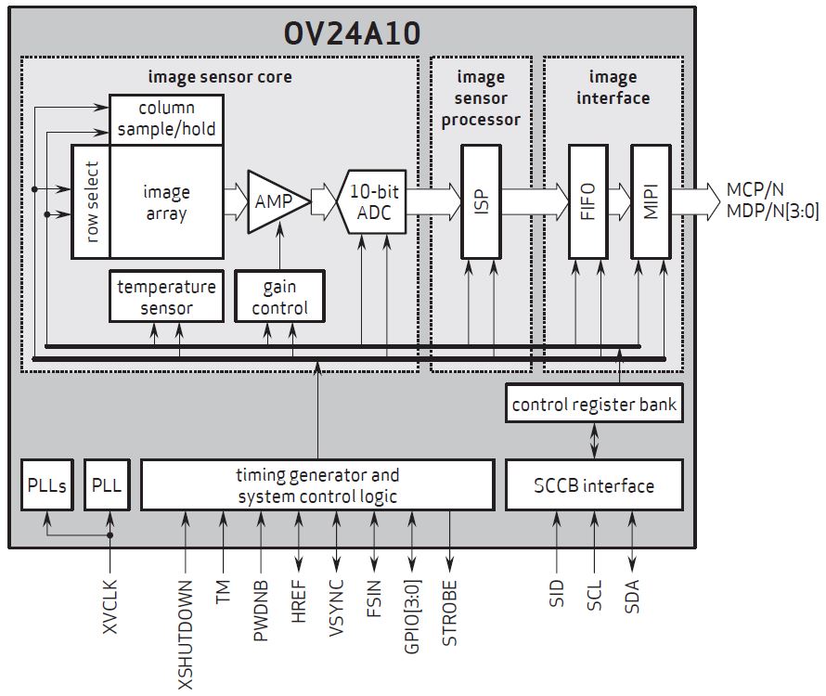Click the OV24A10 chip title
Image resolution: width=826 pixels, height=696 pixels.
[352, 32]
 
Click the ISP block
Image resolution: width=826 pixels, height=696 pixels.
[480, 200]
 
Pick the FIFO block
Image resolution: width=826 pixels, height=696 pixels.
[587, 200]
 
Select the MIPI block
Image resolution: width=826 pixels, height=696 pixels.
[650, 200]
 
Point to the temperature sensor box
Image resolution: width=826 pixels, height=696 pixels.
[166, 297]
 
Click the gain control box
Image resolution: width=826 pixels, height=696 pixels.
[279, 297]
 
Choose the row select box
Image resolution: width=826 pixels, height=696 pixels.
[91, 201]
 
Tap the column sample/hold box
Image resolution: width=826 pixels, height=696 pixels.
[166, 119]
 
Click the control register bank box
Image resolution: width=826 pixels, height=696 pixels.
[595, 405]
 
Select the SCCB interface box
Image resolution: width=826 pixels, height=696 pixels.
[594, 485]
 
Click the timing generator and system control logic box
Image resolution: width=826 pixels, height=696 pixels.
[317, 485]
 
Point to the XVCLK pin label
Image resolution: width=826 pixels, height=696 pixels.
[110, 608]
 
